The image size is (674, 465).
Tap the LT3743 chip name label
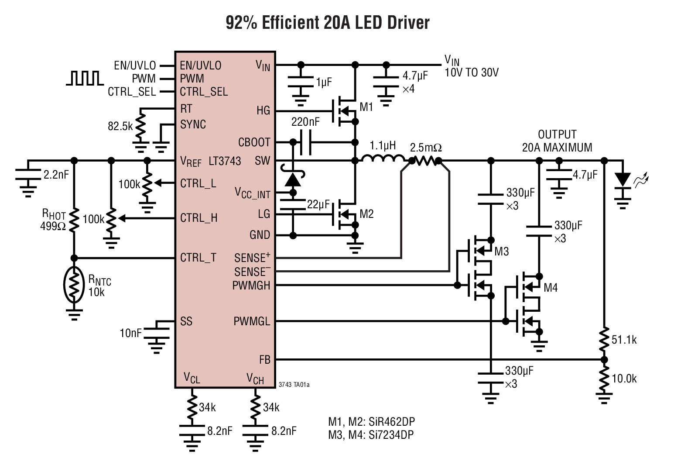click(x=225, y=161)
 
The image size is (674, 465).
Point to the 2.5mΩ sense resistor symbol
click(x=425, y=161)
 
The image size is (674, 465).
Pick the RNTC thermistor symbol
click(x=75, y=285)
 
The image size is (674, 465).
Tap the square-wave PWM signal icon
click(x=85, y=78)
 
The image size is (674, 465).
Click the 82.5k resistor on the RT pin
click(x=140, y=125)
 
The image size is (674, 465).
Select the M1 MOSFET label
click(x=366, y=107)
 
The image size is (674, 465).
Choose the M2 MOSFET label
click(x=366, y=214)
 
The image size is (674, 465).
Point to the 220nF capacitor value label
click(x=305, y=122)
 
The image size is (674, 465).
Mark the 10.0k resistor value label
click(x=624, y=379)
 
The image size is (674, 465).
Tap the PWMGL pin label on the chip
click(x=252, y=322)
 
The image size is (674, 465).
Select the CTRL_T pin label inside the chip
click(x=198, y=258)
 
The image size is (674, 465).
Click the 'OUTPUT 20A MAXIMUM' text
click(x=557, y=141)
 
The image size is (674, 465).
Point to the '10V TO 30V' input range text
click(x=471, y=73)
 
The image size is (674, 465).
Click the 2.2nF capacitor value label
click(x=56, y=175)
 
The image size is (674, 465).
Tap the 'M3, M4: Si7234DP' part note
click(x=371, y=434)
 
